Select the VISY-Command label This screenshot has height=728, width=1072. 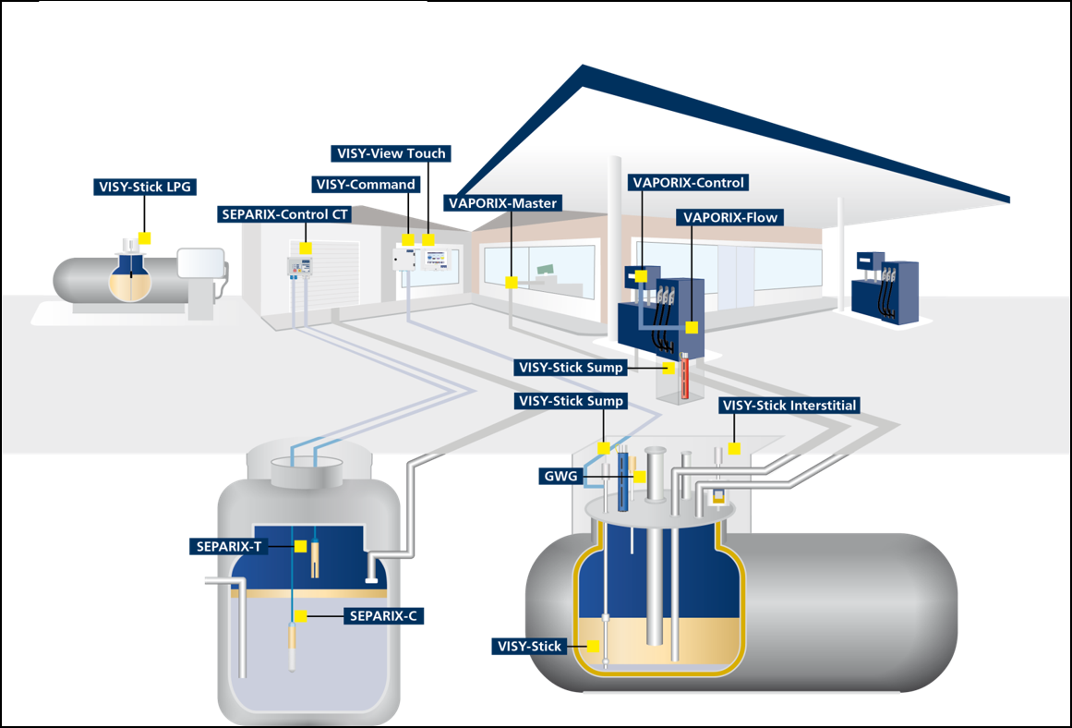tap(366, 184)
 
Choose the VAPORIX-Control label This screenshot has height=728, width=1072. tap(688, 182)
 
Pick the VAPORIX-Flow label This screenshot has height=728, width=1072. tap(729, 218)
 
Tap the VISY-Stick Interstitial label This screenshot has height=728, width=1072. tap(789, 406)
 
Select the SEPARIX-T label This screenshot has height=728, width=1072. tap(230, 546)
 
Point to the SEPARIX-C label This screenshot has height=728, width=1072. tap(384, 615)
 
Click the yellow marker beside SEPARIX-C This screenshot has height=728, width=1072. tap(300, 615)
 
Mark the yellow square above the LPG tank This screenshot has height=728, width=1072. tap(143, 237)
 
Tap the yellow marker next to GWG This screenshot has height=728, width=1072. tap(639, 477)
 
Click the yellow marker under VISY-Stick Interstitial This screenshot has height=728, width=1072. tap(734, 448)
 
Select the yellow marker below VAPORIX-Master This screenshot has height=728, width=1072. tap(511, 283)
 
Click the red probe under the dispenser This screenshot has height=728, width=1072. tap(685, 377)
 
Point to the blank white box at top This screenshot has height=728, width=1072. tap(233, 63)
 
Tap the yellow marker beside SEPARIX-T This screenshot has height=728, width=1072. tap(300, 546)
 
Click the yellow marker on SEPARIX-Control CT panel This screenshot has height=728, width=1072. tap(306, 248)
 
